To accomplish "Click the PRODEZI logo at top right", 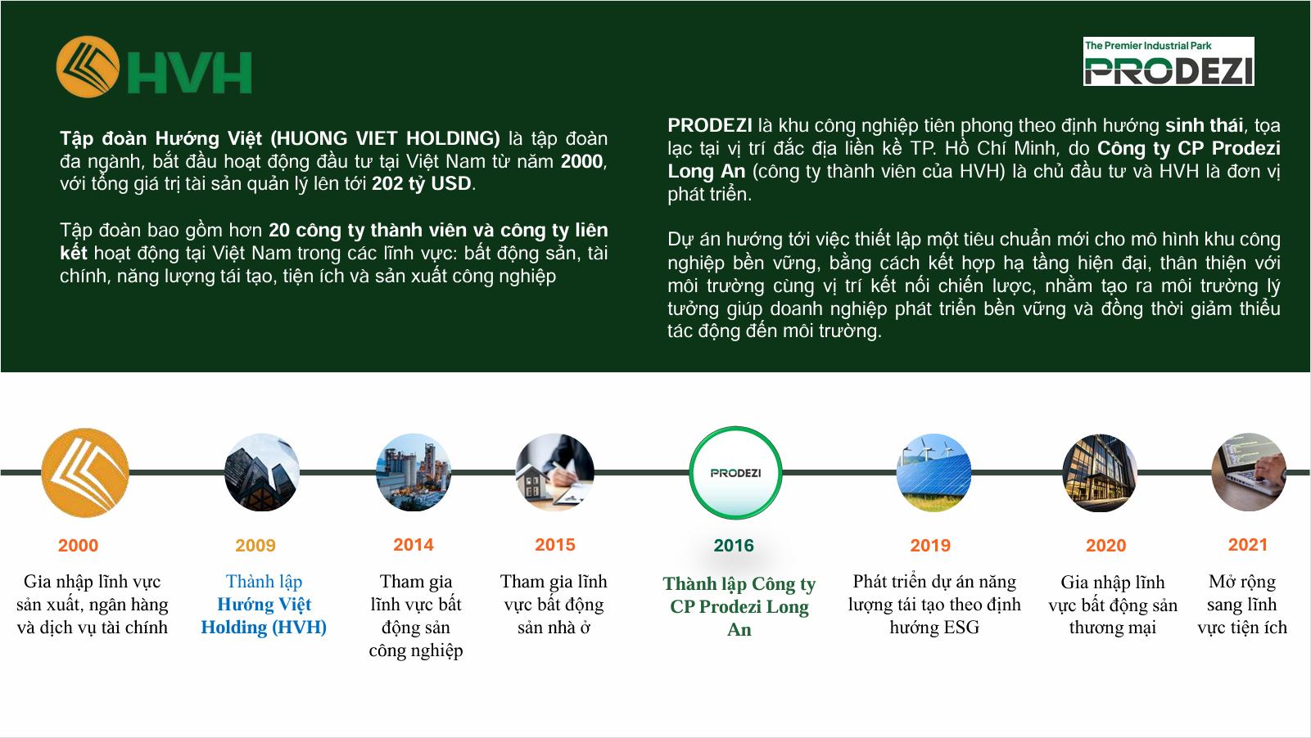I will point(1168,62).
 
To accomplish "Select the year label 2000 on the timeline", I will point(78,546).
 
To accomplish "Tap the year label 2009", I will point(255,546).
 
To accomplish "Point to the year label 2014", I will point(413,545).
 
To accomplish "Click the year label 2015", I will point(554,545).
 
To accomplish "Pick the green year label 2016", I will point(733,546).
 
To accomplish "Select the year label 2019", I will point(929,546).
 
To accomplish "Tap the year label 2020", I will point(1105,546).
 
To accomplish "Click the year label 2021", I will point(1247,545).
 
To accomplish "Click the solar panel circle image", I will point(934,473).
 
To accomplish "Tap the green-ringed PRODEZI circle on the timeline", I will point(735,473).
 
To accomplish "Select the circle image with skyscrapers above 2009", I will point(262,473).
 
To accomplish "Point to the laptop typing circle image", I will point(1249,473).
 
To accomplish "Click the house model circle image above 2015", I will point(554,473).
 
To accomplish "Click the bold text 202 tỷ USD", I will point(422,184).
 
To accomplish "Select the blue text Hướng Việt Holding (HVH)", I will point(264,616).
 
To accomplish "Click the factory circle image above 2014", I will point(414,473).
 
